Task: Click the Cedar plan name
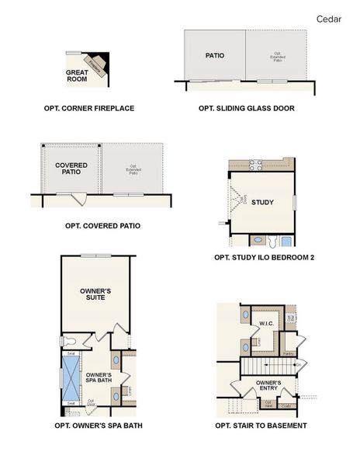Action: tap(329, 18)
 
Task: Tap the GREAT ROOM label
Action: tap(76, 75)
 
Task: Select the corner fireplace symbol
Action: tap(97, 66)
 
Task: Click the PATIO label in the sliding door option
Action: tap(215, 56)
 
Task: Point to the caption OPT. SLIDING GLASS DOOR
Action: tap(247, 108)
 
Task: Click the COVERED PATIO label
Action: tap(71, 169)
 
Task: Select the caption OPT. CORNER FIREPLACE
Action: tap(89, 108)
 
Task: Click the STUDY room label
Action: tap(263, 203)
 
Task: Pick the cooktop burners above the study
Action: tap(255, 164)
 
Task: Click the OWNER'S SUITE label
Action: tap(96, 293)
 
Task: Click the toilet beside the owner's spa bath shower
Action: tap(68, 341)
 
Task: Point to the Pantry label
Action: tap(288, 353)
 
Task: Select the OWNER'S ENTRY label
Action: tap(268, 385)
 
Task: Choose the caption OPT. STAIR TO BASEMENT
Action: tap(261, 426)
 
